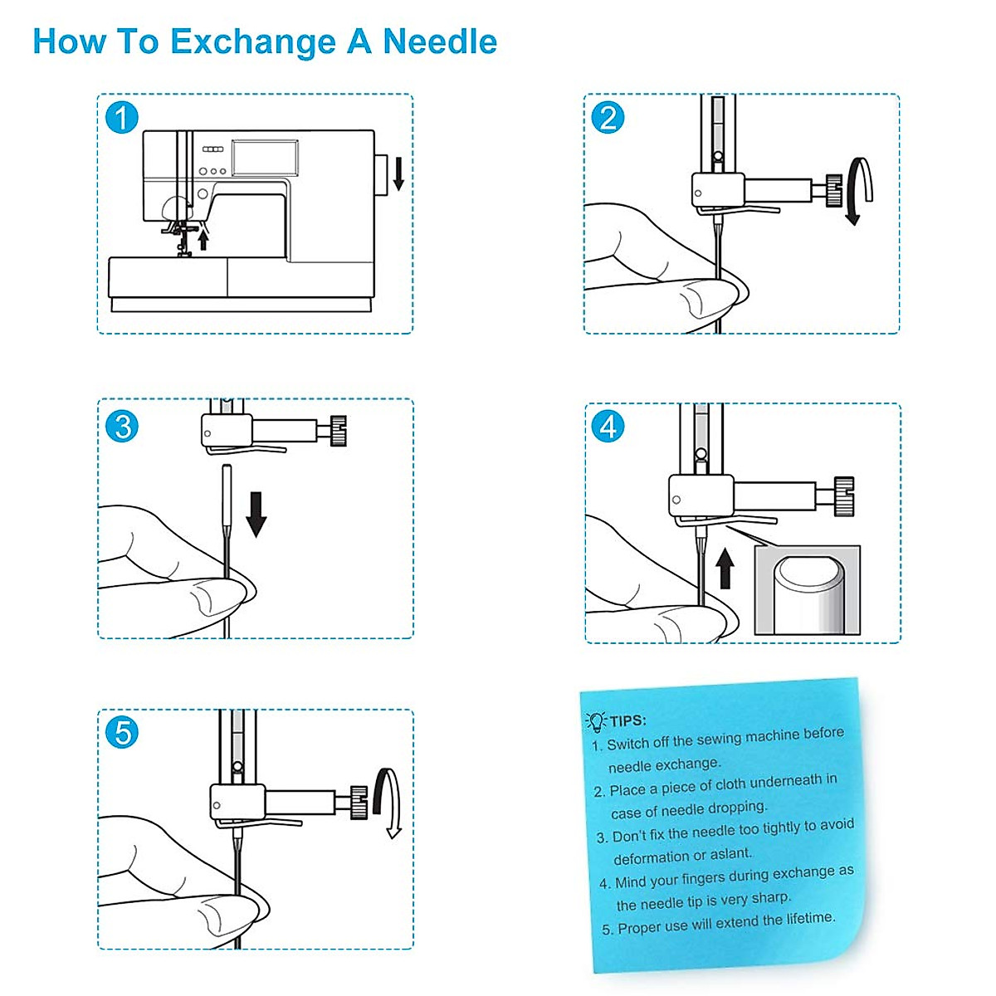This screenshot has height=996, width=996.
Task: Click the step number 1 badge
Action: [121, 118]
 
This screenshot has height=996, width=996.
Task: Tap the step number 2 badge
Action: [608, 118]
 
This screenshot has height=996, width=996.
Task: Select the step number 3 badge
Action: [122, 427]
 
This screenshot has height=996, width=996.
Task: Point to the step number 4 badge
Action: [608, 427]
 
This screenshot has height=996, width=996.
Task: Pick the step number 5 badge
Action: [122, 733]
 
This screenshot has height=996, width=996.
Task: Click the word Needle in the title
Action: [439, 41]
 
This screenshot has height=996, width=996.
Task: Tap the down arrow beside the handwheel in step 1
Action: [398, 173]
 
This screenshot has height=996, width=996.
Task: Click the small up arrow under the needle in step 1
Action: [203, 240]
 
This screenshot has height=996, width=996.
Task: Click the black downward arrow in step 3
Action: [256, 513]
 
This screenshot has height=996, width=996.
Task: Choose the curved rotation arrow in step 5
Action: [388, 802]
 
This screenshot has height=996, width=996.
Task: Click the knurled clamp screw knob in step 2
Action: [833, 191]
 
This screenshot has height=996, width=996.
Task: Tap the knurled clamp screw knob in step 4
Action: [844, 496]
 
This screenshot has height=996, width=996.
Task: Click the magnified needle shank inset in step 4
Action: [807, 591]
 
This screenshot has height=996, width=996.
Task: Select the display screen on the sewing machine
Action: [265, 158]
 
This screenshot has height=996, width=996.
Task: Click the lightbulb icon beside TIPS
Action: [596, 721]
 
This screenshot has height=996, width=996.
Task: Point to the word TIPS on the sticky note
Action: [628, 720]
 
